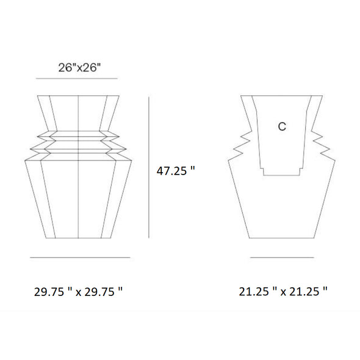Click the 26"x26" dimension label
coord(79,68)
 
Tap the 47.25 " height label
coord(176,171)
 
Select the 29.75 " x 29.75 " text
coord(78,292)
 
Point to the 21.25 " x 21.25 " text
coord(283,292)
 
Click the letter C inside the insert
coord(282,126)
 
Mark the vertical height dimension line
coord(149,167)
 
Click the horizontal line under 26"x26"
coord(77,79)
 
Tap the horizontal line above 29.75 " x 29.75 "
coord(80,257)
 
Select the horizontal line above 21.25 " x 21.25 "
coord(282,257)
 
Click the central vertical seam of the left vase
coord(78,167)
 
